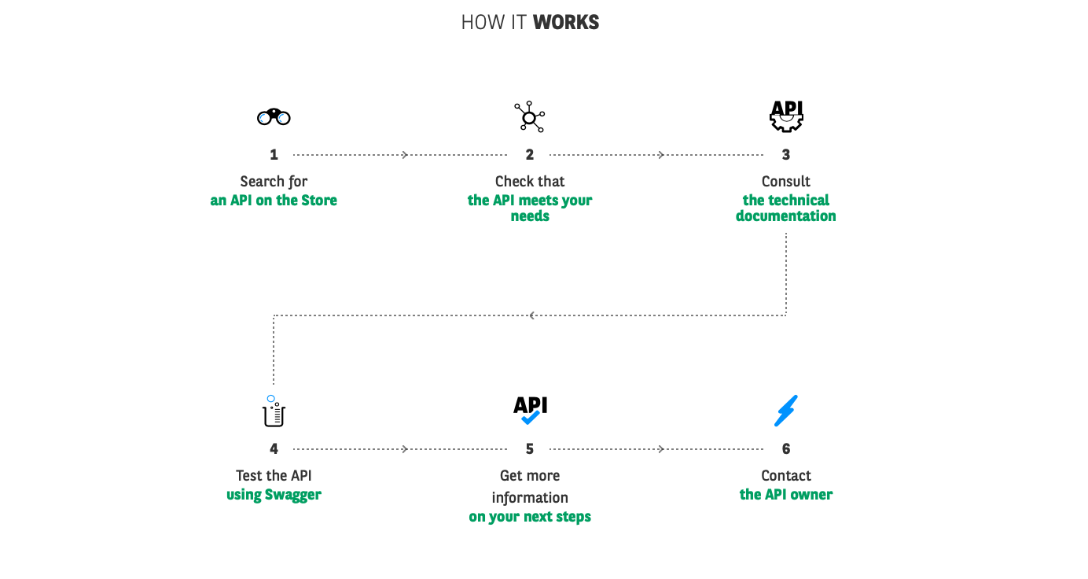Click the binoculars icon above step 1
(274, 117)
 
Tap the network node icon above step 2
(529, 116)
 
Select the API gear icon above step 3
(786, 116)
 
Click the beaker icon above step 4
(274, 411)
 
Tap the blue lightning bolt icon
(786, 411)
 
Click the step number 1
(274, 155)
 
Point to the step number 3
(786, 155)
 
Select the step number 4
(274, 448)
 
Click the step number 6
(786, 448)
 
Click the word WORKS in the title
(566, 22)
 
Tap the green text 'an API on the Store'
(274, 201)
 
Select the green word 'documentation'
(786, 216)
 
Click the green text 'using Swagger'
(274, 495)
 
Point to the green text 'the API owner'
(786, 494)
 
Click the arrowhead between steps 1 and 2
(405, 155)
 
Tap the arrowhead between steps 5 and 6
(661, 448)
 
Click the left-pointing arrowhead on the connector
(532, 315)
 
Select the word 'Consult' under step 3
(786, 182)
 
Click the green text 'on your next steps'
(530, 517)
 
